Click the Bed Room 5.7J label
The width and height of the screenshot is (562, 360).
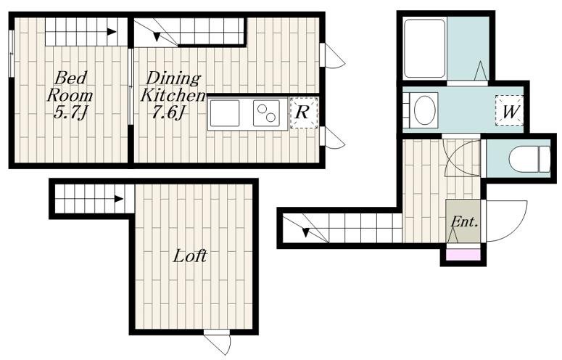[x=70, y=95]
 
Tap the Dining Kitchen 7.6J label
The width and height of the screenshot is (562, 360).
[x=173, y=95]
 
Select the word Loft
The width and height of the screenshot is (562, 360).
[x=190, y=256]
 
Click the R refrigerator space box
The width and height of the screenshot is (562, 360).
[x=304, y=112]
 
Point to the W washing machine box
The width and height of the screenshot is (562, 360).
[x=509, y=111]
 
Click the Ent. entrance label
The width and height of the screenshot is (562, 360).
[x=464, y=221]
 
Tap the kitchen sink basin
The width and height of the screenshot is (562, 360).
[x=225, y=113]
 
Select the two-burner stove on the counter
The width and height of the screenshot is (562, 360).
[x=266, y=113]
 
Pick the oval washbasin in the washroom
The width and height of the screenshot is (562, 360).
[x=425, y=110]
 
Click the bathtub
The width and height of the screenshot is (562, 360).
[x=425, y=49]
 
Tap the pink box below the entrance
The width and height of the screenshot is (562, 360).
[x=463, y=254]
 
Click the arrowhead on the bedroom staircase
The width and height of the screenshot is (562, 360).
[x=112, y=32]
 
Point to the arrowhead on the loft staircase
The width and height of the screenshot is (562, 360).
[x=119, y=199]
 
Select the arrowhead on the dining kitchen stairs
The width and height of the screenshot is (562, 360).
[x=157, y=36]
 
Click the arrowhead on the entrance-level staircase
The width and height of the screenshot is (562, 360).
[x=305, y=232]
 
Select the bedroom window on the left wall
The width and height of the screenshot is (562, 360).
[x=11, y=53]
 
